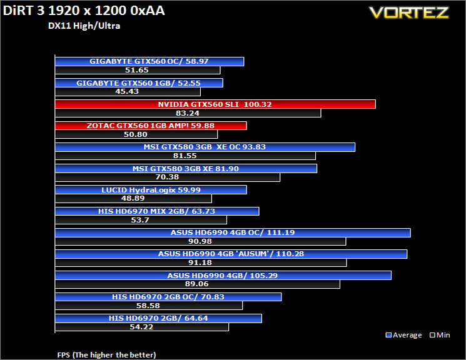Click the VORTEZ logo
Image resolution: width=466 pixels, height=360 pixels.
coord(409,12)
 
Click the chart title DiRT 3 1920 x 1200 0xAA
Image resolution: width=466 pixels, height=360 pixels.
coord(84,11)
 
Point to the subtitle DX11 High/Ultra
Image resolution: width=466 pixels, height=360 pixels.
coord(84,26)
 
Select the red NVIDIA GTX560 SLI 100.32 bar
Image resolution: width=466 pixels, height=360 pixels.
coord(215,104)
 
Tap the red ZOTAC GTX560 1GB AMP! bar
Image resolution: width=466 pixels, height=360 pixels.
coord(151,126)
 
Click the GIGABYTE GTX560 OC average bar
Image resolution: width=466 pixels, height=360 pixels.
coord(149,61)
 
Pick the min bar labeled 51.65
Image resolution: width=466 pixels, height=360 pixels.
coord(138,70)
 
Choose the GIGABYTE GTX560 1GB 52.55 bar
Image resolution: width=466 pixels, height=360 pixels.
coord(139,83)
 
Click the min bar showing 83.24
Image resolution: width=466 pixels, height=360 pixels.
coord(188,113)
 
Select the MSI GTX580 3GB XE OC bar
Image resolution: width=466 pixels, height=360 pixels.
coord(205,147)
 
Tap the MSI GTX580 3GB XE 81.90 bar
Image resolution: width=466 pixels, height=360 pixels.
coord(186,168)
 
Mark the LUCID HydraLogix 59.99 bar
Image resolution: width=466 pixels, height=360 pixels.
coord(151,190)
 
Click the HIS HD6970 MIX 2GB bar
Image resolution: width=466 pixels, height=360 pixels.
coord(157,211)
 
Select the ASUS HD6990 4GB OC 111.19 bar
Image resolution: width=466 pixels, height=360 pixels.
coord(233,232)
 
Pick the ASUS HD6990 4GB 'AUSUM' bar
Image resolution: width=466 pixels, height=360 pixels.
coord(231,254)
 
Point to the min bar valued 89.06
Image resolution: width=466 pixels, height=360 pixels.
coord(197,284)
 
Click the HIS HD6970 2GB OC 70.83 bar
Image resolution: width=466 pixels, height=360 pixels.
coord(168,297)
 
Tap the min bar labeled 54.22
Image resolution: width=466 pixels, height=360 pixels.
coord(142,327)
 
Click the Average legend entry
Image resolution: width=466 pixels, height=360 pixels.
coord(403,335)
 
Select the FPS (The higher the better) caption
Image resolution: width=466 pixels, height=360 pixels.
coord(106,355)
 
